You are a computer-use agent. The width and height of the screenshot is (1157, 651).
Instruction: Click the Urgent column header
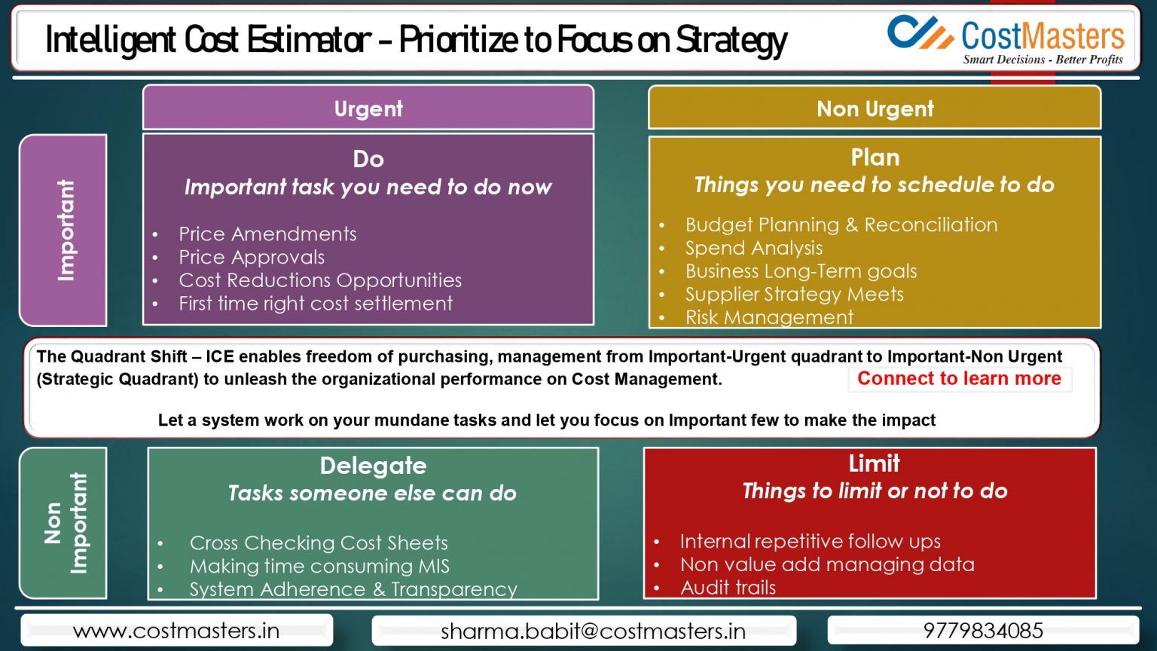[368, 108]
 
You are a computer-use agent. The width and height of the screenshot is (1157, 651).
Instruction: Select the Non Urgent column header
[875, 108]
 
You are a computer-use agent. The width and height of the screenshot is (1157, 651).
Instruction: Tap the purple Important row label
[64, 230]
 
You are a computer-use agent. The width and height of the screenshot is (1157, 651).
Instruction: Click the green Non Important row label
[64, 523]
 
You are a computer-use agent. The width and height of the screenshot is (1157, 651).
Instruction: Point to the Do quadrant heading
[368, 159]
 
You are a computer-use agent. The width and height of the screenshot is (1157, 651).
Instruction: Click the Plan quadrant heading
[875, 157]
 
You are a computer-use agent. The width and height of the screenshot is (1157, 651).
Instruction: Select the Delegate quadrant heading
[373, 466]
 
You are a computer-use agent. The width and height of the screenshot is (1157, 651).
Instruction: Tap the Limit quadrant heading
[874, 463]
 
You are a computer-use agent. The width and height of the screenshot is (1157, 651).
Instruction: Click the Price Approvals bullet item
[252, 258]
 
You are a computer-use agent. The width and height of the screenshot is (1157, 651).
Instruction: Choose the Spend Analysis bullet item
[753, 248]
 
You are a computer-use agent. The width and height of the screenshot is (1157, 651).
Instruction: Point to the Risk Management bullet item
[769, 317]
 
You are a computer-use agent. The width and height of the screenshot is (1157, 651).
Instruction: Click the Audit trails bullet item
[728, 588]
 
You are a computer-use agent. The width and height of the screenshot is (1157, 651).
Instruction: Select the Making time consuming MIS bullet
[319, 566]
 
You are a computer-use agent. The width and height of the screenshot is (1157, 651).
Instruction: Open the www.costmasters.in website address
[176, 631]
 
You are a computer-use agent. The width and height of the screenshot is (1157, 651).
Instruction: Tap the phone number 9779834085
[983, 631]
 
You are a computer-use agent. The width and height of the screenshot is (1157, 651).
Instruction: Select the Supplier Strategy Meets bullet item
[794, 295]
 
